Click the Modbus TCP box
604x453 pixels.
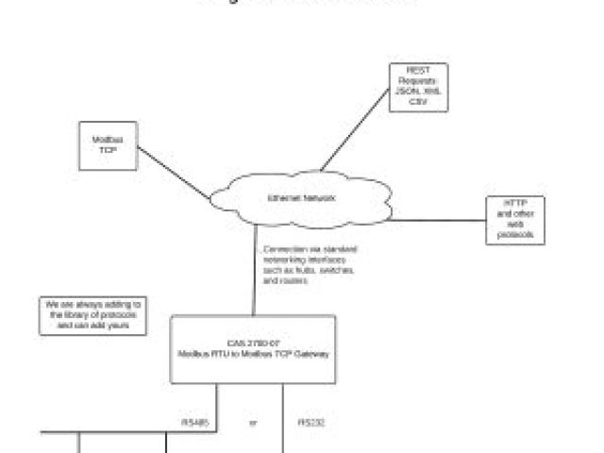tap(107, 144)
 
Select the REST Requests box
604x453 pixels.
tap(417, 88)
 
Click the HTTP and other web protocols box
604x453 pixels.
tap(515, 220)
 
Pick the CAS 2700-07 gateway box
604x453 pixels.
tap(253, 349)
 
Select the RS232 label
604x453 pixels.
tap(311, 423)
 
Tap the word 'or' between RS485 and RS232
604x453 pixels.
tap(252, 423)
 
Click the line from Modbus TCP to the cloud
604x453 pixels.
tap(175, 172)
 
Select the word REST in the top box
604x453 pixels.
tap(417, 70)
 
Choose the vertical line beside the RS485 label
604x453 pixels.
tap(215, 420)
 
